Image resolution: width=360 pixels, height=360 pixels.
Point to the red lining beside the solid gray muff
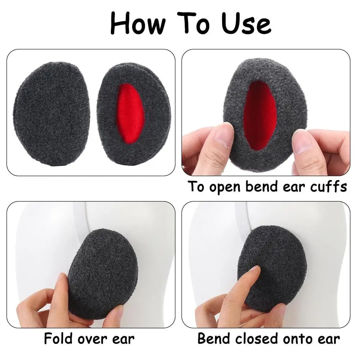pos(130,113)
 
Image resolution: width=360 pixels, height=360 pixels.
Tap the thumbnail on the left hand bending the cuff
pos(224,135)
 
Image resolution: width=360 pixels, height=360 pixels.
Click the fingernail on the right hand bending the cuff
pos(303,141)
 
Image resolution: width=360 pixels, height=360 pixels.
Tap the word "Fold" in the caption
pos(58,339)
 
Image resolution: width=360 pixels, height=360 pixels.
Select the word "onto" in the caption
pos(297,339)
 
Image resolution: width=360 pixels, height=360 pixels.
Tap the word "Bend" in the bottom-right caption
pos(214,339)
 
